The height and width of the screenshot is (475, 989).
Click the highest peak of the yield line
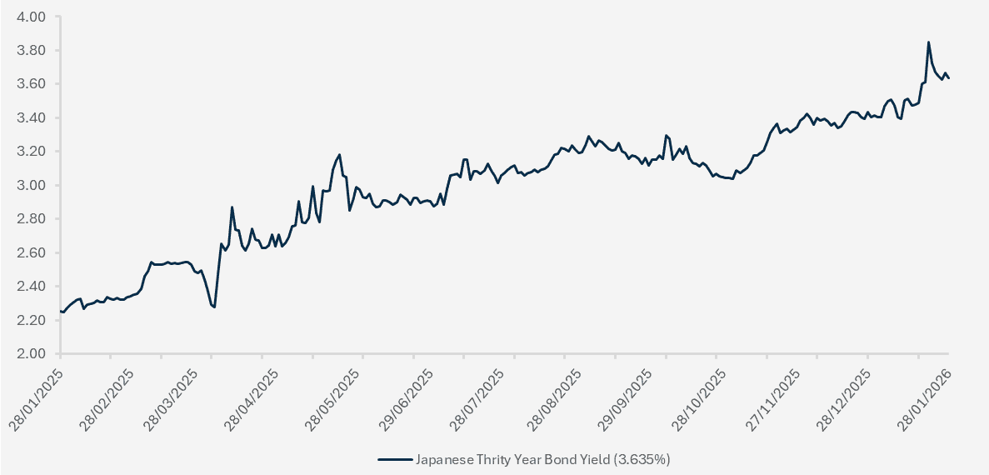pyautogui.click(x=928, y=42)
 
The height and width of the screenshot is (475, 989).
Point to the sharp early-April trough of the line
pyautogui.click(x=214, y=307)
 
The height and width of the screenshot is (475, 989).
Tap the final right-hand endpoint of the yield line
pyautogui.click(x=949, y=78)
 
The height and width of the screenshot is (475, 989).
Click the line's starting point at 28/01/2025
pyautogui.click(x=61, y=311)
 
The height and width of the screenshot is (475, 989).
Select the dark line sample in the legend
pyautogui.click(x=395, y=459)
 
